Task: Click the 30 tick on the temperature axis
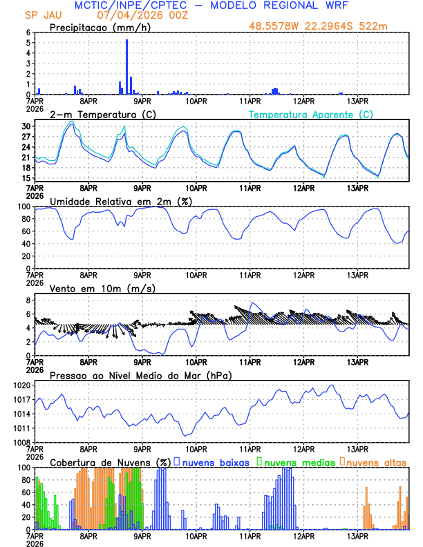(27, 126)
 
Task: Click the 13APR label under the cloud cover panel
(357, 535)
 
